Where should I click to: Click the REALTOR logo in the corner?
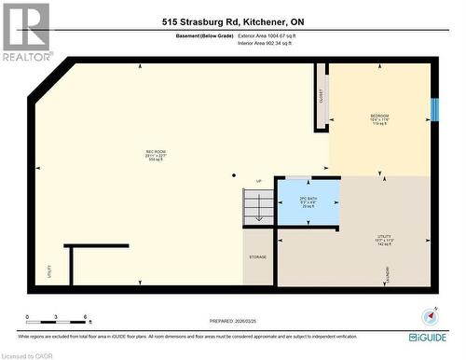27,31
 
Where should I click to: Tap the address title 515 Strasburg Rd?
232,21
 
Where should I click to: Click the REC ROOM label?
155,154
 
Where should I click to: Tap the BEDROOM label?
379,118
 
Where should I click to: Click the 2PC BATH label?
308,201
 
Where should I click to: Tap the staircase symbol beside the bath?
258,207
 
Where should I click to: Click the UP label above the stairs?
258,181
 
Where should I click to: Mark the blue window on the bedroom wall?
432,107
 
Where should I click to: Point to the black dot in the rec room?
233,174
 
